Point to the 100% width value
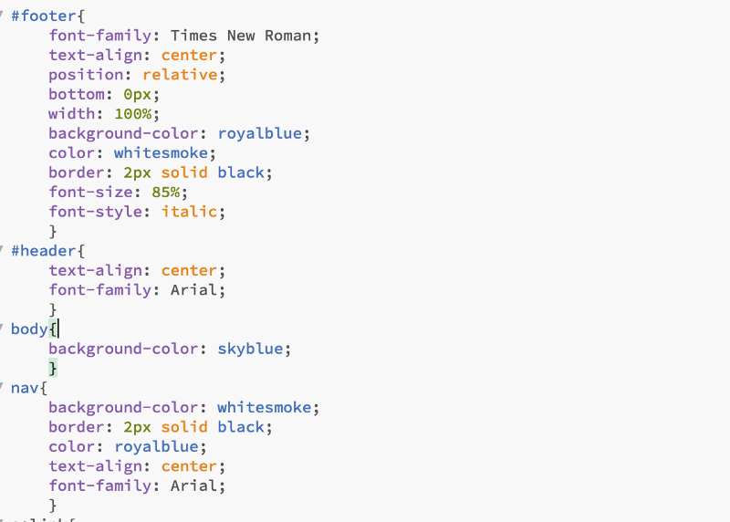pos(136,114)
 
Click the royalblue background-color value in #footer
pos(259,133)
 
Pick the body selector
pos(28,329)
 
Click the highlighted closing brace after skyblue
pos(53,368)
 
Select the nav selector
pos(25,388)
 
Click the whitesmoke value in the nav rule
pos(264,407)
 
